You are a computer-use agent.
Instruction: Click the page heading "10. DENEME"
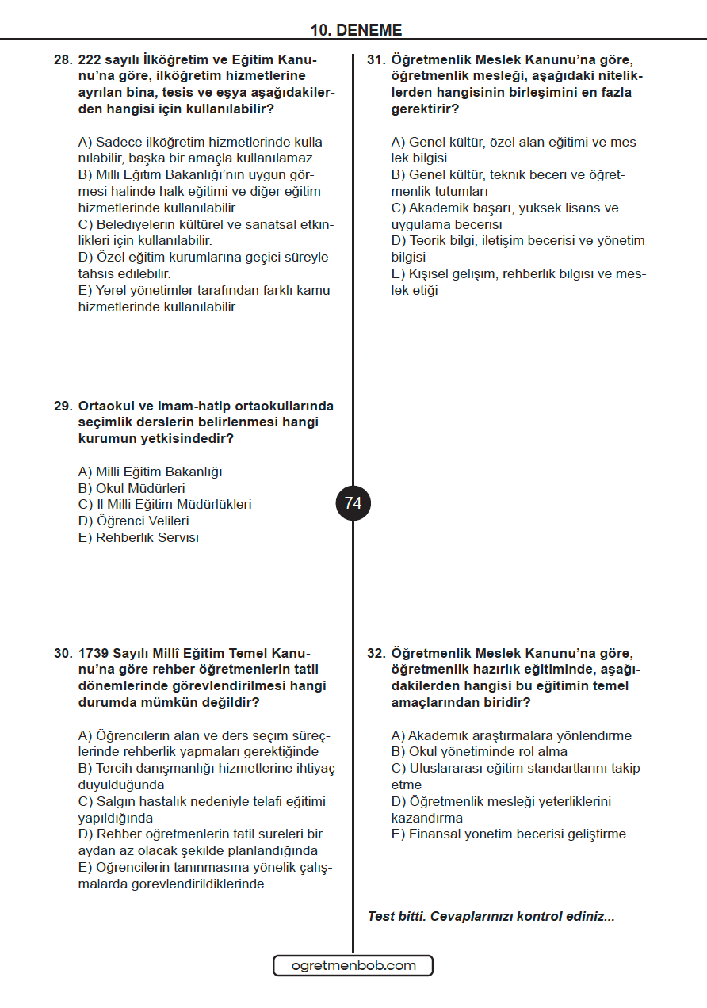(x=356, y=30)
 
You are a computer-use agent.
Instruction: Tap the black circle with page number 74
(x=353, y=503)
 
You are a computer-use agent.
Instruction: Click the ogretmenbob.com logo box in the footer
(x=353, y=965)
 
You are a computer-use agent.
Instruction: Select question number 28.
(x=63, y=59)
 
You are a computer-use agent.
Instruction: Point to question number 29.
(x=63, y=406)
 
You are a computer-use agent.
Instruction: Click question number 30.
(x=63, y=653)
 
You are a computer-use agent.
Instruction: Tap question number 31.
(x=376, y=59)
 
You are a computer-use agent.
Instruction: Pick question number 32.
(x=376, y=653)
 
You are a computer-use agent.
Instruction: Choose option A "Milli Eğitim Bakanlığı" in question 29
(x=150, y=472)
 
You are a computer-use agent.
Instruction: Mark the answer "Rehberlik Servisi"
(x=138, y=538)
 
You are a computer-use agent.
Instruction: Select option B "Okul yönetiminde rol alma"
(x=479, y=752)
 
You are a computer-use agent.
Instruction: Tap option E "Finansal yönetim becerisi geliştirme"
(x=508, y=834)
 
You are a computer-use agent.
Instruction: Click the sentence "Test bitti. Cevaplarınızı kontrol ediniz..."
(x=491, y=917)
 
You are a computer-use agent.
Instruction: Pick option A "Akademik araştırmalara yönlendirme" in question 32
(x=511, y=735)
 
